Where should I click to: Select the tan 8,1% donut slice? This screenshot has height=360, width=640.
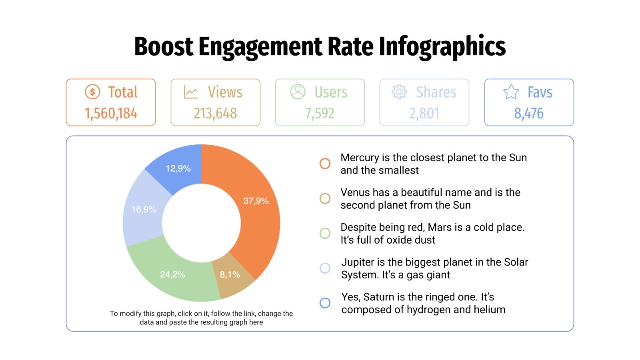(230, 275)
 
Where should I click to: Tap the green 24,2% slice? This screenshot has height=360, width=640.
(172, 274)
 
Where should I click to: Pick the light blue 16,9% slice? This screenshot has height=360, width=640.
(143, 209)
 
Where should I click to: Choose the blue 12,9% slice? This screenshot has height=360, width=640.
(178, 168)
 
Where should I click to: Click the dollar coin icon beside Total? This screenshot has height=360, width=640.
(92, 92)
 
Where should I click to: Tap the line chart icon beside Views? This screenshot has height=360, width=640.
(191, 92)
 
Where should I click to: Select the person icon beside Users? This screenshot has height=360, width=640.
(298, 92)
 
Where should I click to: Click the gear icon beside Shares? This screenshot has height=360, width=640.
(399, 92)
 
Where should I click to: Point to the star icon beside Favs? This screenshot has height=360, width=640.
(511, 92)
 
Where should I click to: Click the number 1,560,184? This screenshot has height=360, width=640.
(111, 114)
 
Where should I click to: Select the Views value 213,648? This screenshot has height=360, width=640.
(215, 114)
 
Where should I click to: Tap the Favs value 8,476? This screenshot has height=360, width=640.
(529, 114)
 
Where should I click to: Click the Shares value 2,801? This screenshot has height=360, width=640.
(424, 114)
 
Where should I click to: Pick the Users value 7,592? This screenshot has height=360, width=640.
(320, 114)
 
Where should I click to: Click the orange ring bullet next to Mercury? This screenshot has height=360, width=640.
(325, 163)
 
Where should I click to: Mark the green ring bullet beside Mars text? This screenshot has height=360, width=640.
(325, 233)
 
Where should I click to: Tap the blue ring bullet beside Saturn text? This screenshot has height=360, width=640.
(325, 303)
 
